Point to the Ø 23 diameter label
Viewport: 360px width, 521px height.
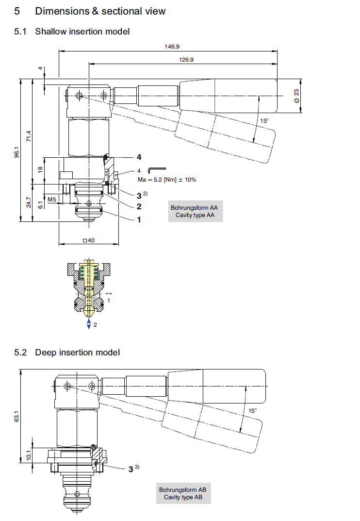click(x=296, y=95)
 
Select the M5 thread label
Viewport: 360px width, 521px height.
click(x=52, y=199)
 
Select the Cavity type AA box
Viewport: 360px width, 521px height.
click(x=195, y=211)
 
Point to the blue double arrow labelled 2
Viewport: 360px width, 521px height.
click(x=88, y=324)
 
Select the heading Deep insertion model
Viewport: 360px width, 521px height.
click(x=77, y=352)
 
